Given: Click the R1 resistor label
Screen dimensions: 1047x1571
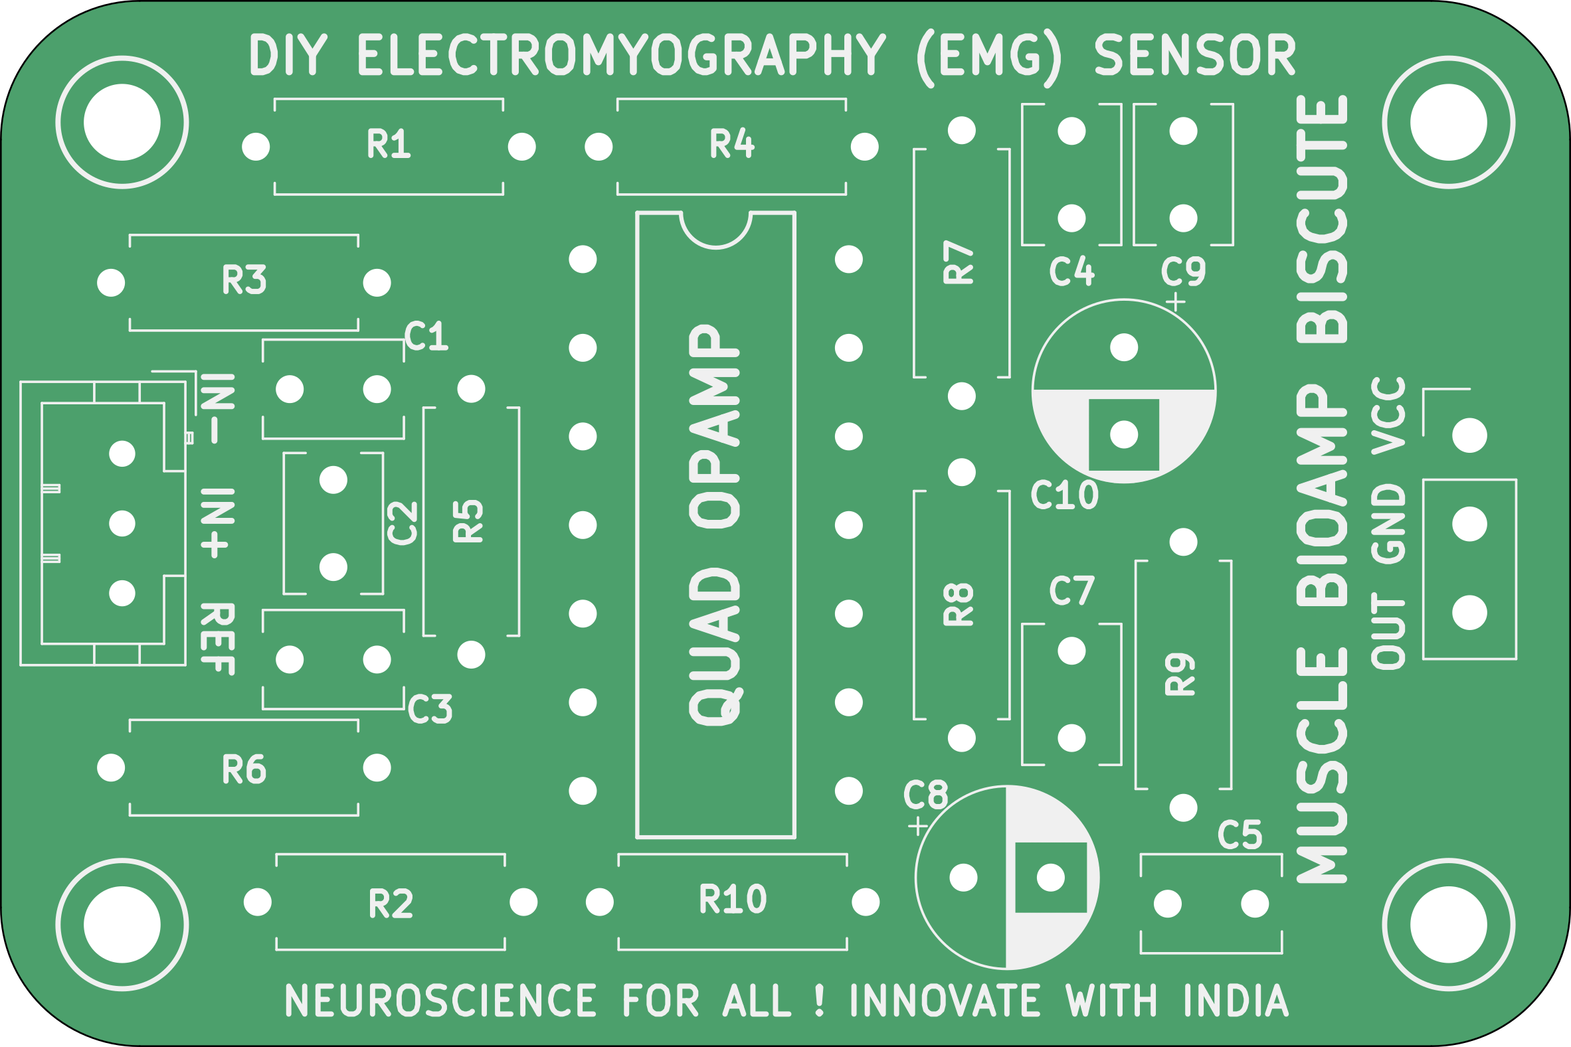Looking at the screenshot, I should point(389,144).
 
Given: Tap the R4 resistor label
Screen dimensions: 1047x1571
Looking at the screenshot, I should point(732,144).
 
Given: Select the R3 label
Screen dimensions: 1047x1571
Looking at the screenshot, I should point(244,280).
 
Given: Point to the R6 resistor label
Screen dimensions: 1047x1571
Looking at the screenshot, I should point(244,769).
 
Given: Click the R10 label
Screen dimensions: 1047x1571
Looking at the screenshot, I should point(733,899).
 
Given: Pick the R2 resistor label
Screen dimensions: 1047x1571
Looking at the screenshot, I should point(391,904).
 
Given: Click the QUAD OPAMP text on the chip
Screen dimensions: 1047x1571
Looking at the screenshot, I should point(714,525).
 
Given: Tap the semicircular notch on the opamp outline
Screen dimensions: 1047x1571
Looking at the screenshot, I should point(716,229).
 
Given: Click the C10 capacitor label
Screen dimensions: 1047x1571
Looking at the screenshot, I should point(1064,495).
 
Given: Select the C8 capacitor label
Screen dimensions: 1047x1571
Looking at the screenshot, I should point(926,795).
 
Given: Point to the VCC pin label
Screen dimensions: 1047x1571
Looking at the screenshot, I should point(1388,416).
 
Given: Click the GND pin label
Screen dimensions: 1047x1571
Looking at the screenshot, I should point(1388,525).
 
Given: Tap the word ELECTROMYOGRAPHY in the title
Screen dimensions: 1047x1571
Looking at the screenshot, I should point(622,54).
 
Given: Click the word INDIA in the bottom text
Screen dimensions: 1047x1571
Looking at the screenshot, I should point(1235,1001).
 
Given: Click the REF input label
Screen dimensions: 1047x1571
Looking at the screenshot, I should point(218,639).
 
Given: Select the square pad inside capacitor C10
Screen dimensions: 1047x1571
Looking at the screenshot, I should point(1124,436).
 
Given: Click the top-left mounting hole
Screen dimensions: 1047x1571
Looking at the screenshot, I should point(122,122).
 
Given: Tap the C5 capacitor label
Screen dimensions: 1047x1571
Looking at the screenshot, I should point(1240,835).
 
